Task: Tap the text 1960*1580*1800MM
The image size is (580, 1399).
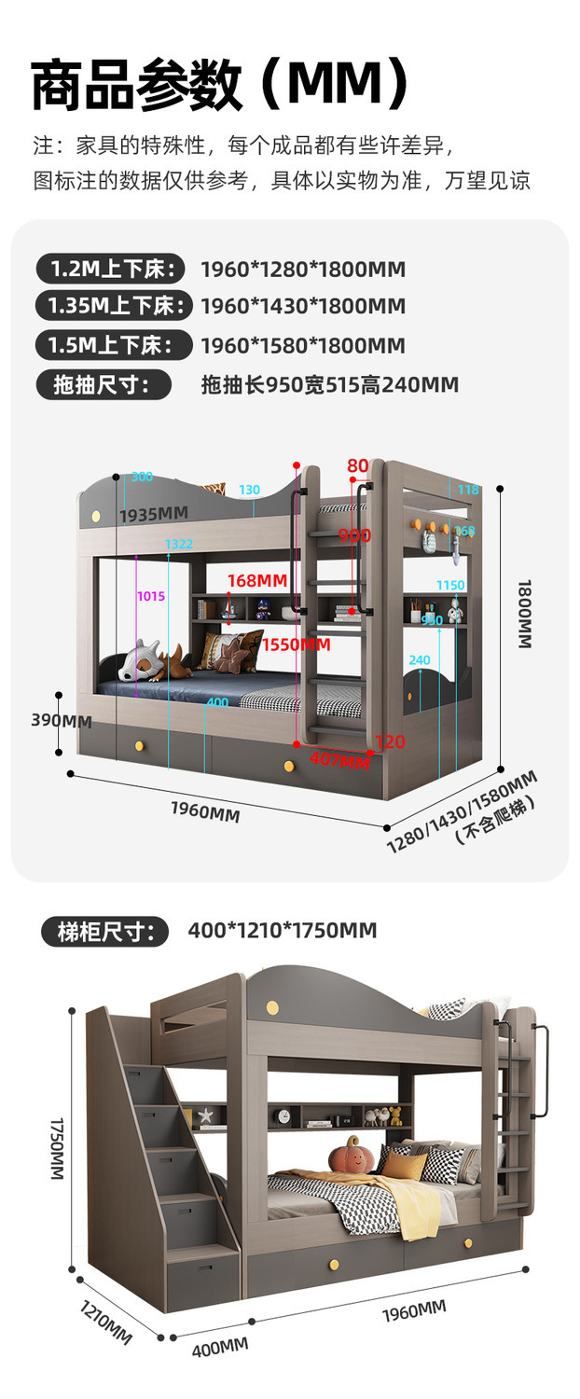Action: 303,346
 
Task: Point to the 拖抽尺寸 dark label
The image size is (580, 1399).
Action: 104,384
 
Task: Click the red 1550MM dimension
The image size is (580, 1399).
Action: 296,644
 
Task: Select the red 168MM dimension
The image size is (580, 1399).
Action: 256,580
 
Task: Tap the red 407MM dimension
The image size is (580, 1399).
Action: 339,760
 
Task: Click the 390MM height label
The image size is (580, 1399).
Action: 62,720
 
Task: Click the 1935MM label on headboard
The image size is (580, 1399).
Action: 154,514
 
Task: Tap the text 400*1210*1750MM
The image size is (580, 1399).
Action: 282,930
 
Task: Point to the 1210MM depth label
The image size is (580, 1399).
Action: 104,1321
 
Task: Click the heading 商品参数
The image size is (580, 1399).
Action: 137,86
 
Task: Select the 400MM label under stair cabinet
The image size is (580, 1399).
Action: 220,1347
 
